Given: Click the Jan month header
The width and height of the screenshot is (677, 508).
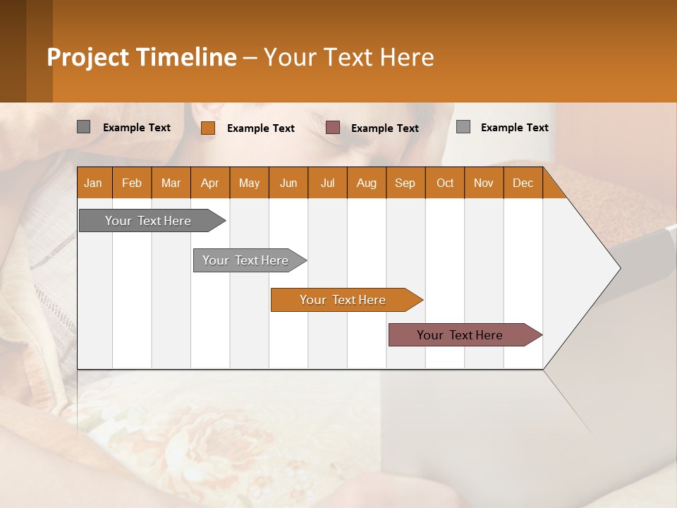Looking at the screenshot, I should click(93, 183).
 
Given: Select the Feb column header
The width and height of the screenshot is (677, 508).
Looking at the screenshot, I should click(132, 183).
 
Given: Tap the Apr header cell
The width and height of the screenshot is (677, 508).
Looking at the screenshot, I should click(209, 183).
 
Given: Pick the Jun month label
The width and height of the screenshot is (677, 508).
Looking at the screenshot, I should click(288, 183).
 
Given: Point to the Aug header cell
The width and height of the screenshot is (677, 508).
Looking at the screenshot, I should click(366, 183).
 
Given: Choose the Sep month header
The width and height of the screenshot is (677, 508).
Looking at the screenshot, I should click(405, 183).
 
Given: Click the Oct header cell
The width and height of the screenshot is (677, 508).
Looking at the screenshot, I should click(445, 183).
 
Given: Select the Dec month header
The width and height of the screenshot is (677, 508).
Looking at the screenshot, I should click(523, 183).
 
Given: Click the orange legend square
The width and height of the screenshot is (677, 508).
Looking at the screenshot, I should click(207, 128).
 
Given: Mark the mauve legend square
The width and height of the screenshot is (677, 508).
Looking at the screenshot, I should click(333, 128).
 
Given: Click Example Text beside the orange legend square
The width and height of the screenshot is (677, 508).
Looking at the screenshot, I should click(261, 128).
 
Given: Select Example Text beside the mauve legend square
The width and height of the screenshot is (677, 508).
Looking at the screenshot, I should click(385, 128).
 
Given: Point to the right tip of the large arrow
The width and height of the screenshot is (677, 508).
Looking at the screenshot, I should click(618, 268).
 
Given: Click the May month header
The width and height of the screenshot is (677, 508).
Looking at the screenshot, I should click(249, 183).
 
